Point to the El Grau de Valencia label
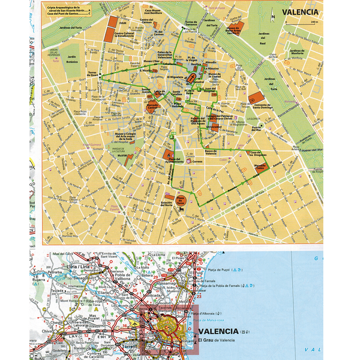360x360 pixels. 226,340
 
